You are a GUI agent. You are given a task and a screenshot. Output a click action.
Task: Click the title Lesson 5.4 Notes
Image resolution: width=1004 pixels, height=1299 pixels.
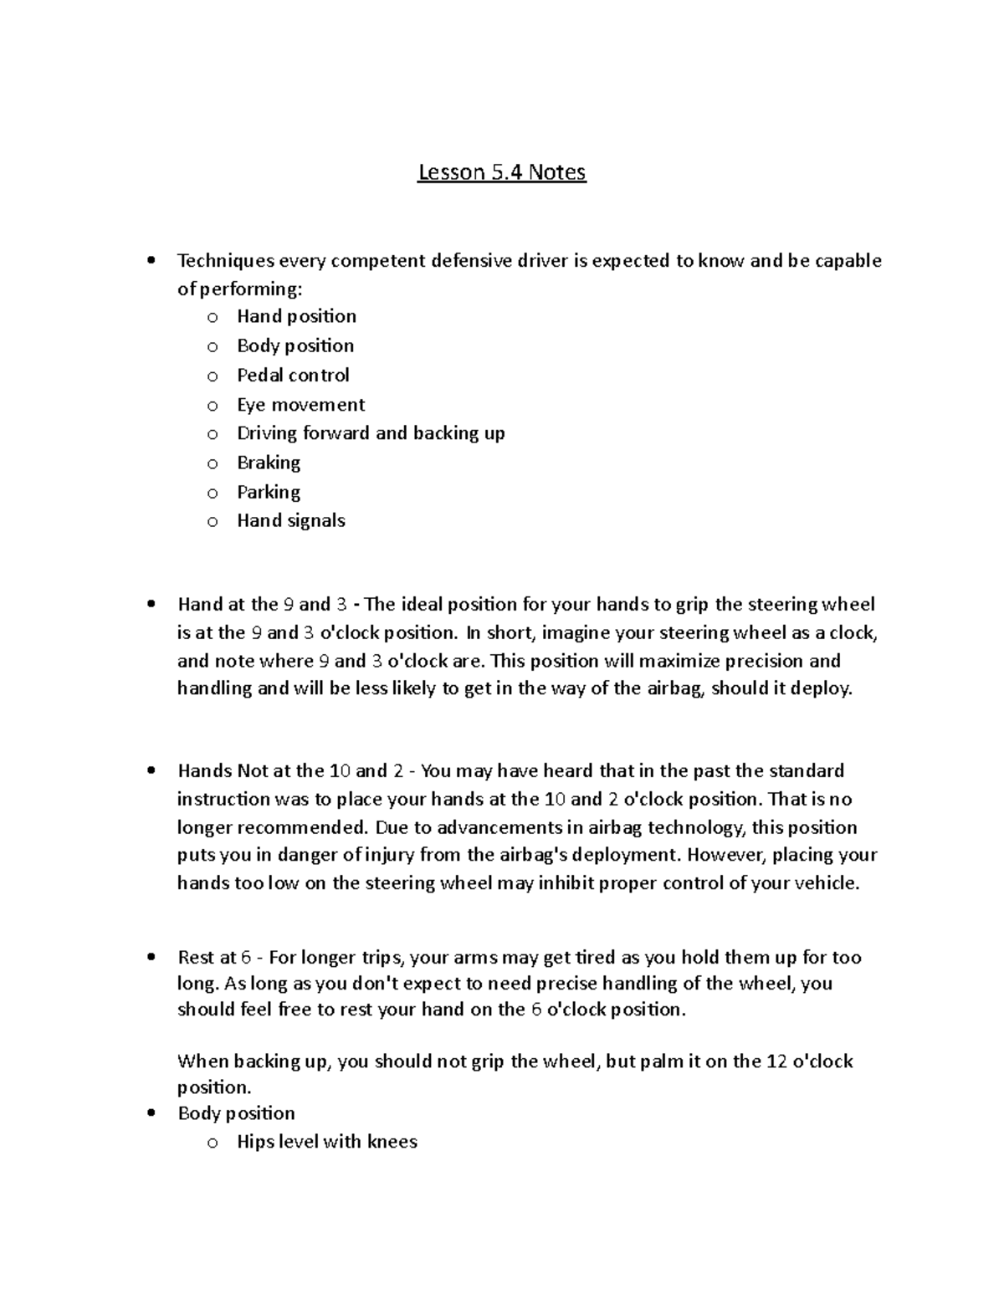(502, 172)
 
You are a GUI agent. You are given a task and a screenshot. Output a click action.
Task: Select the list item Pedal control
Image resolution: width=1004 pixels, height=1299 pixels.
(293, 375)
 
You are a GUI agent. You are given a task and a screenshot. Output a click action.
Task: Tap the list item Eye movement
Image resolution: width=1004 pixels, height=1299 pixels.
(300, 405)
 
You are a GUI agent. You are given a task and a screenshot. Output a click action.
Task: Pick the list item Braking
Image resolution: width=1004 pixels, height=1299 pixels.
(269, 463)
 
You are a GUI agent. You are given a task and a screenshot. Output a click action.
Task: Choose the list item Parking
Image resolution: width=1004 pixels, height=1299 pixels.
(269, 492)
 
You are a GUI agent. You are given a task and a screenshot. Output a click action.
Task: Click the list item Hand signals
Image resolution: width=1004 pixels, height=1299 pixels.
(290, 520)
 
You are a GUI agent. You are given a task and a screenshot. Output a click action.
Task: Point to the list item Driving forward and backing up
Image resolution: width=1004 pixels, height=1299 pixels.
(371, 433)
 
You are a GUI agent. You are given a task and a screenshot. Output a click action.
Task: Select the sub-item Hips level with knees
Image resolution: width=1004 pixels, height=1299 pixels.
(326, 1142)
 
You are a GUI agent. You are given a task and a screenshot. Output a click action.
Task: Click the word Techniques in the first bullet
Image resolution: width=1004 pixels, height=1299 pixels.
(226, 261)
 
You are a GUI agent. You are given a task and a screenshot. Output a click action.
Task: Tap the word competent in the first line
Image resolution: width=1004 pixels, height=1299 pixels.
(379, 261)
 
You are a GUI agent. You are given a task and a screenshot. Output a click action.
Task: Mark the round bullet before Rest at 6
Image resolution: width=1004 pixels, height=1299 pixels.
(151, 958)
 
